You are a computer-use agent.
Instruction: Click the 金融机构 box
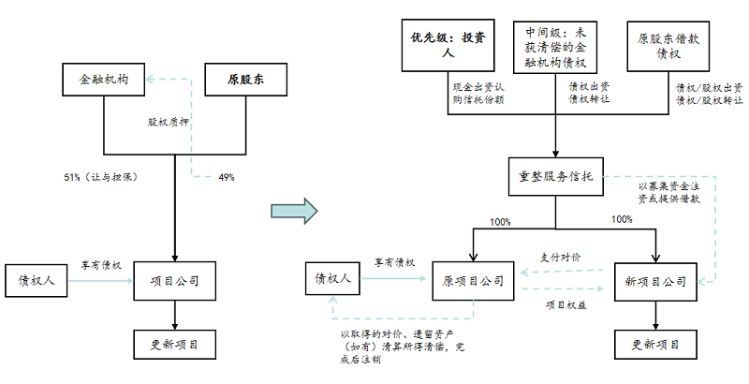click(105, 81)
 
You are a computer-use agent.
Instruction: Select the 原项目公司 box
click(474, 280)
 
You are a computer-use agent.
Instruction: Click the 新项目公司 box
click(654, 280)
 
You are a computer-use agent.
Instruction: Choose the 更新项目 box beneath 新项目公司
click(654, 344)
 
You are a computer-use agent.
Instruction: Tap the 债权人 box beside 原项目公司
click(332, 280)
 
